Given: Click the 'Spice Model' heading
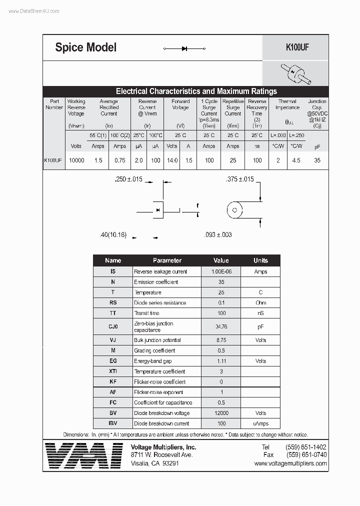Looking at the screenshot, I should (85, 47).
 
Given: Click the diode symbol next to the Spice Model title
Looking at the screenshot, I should (184, 48).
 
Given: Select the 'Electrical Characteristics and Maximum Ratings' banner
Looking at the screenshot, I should (196, 91).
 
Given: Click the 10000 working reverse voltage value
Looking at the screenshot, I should (76, 160).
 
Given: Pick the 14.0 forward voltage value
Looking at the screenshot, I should (172, 160).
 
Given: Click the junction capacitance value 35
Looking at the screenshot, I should (317, 160).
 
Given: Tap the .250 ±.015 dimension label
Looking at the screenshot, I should (128, 179).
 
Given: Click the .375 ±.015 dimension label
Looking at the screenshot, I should (239, 179).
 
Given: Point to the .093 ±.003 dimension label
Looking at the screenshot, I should (218, 234).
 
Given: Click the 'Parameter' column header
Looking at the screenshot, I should (167, 260).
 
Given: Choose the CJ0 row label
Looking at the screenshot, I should (113, 326).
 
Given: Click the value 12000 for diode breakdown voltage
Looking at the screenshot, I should (221, 413).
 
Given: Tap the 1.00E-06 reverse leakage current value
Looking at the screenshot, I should (221, 271).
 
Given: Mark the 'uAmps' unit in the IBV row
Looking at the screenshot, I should (260, 423).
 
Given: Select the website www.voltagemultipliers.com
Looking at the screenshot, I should (290, 463).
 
